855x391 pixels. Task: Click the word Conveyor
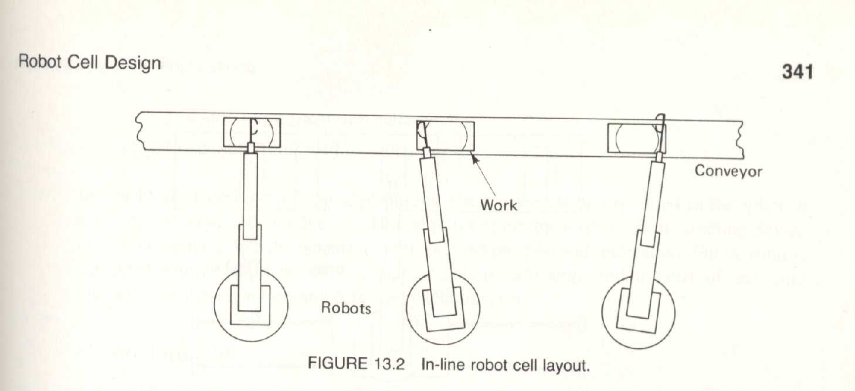tap(728, 171)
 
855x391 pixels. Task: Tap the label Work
tap(498, 205)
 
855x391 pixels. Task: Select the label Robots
tap(345, 308)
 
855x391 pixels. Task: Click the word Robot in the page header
tap(40, 62)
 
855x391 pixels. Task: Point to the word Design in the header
tap(133, 63)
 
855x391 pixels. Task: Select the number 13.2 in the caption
tap(396, 363)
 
